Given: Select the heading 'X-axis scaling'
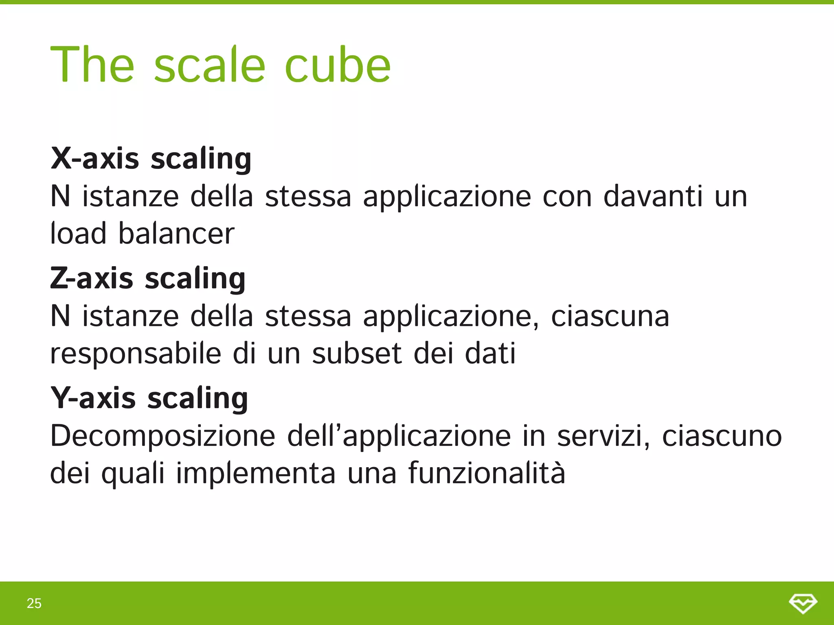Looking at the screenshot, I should click(151, 159).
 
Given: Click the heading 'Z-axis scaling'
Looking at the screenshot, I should click(148, 279).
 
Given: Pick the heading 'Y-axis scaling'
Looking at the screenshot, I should click(149, 398).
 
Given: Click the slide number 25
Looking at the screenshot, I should click(34, 603).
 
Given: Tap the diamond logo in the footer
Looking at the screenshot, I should click(803, 603).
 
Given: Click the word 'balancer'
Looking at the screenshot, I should click(176, 234).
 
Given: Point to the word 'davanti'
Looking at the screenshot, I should click(653, 197).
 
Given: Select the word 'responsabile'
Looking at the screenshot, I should click(136, 353).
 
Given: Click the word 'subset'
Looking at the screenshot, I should click(357, 353).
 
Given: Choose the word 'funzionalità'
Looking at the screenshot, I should click(487, 473).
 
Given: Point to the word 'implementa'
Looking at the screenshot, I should click(256, 473).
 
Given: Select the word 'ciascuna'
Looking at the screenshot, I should click(610, 316).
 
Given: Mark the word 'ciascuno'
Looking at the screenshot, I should click(722, 436).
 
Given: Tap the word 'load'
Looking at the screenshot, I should click(78, 234).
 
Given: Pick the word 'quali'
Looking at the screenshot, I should click(133, 473).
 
